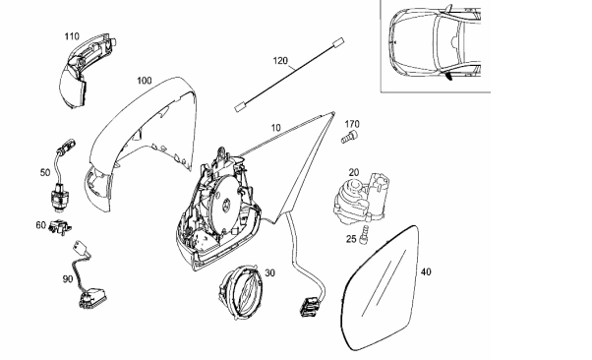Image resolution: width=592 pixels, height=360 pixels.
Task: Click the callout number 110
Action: click(72, 36)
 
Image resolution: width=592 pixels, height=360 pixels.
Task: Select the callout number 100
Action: click(144, 81)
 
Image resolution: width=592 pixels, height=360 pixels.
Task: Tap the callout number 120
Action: click(280, 60)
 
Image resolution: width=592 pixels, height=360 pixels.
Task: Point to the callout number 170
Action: click(352, 124)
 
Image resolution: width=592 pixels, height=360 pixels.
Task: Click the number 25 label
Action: click(351, 239)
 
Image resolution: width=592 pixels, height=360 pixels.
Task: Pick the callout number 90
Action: click(68, 279)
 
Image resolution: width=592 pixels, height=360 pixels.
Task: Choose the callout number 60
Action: click(40, 225)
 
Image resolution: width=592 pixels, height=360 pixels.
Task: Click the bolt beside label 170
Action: click(350, 137)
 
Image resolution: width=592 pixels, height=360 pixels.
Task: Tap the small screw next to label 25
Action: click(365, 234)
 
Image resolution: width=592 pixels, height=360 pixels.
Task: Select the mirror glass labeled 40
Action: click(379, 288)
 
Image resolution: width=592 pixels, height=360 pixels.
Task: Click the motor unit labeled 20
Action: click(360, 200)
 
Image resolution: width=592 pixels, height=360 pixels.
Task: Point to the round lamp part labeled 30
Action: click(240, 291)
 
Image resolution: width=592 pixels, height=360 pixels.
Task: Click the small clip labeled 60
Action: click(60, 227)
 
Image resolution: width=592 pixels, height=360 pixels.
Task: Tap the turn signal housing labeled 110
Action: click(86, 70)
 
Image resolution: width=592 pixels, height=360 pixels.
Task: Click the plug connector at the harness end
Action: click(309, 305)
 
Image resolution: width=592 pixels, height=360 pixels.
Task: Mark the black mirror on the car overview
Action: click(449, 77)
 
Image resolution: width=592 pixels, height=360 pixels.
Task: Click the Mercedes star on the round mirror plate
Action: click(227, 201)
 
